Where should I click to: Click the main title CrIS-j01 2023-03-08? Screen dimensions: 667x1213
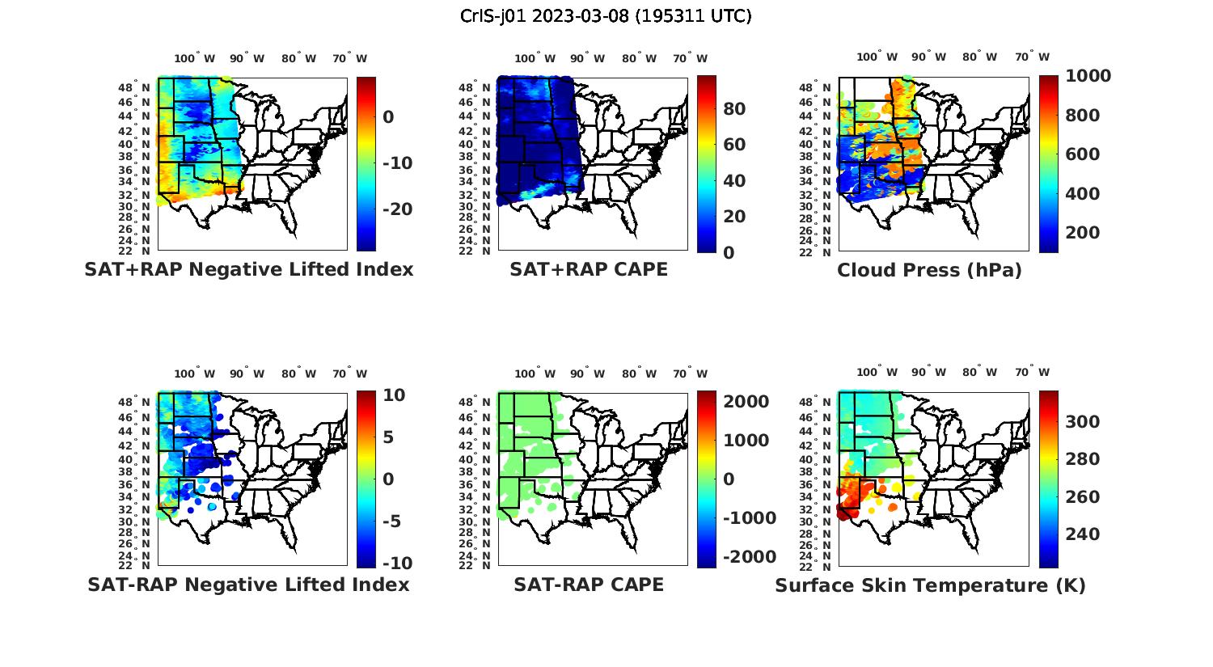(606, 16)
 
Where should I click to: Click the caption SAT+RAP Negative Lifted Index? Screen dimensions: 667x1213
(248, 270)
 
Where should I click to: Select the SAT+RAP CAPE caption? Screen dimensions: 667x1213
(589, 270)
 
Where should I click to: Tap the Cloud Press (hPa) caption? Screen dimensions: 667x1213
(929, 270)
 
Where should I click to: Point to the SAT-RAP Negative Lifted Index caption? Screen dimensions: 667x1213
(248, 585)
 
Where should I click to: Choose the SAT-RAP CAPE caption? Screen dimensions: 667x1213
(589, 585)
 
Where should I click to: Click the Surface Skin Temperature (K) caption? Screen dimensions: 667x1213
(930, 585)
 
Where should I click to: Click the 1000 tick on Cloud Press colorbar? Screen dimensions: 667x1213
(1088, 76)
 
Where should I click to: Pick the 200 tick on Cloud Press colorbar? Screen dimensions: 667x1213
(1082, 233)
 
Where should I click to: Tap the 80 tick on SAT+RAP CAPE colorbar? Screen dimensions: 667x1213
(733, 109)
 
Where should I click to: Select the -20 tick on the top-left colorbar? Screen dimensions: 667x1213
(397, 209)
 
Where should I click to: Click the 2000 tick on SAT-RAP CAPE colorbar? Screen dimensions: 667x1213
(746, 402)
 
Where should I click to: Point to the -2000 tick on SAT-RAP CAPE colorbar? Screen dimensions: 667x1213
(748, 557)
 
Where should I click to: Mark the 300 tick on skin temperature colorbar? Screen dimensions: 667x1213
(1082, 422)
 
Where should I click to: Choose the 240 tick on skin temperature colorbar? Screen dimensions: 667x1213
(1082, 534)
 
